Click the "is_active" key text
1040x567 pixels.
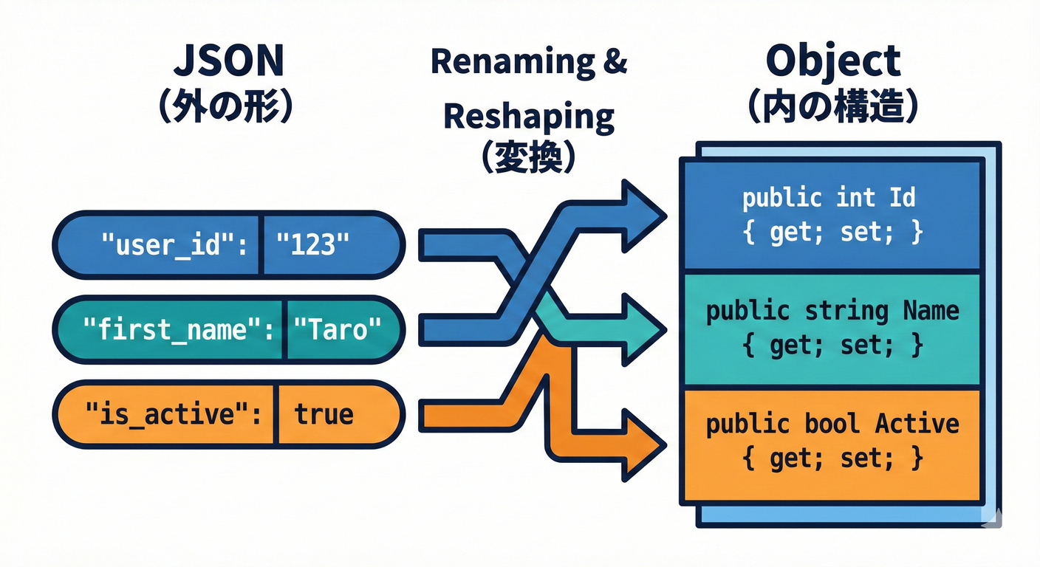(x=174, y=414)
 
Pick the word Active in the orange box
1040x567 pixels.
(x=917, y=424)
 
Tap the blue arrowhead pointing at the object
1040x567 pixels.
(x=641, y=214)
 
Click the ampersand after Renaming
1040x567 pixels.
(x=610, y=62)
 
